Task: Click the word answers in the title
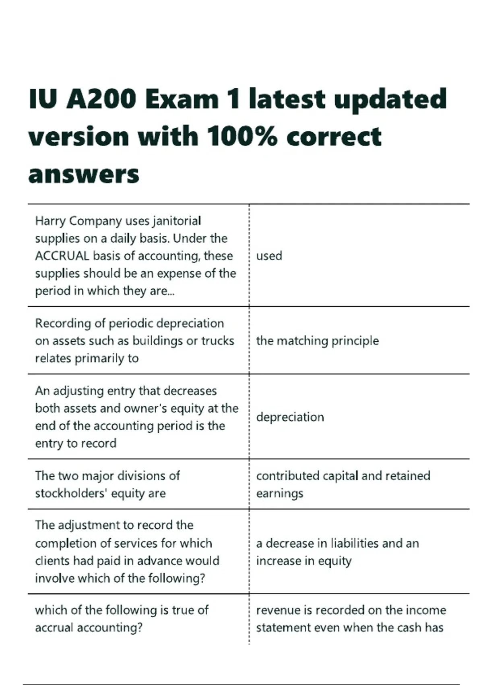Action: (x=84, y=174)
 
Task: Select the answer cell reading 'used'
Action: (x=269, y=256)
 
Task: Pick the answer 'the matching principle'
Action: (x=317, y=341)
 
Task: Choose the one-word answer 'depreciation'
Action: (x=290, y=417)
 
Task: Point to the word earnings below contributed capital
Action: (x=279, y=493)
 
